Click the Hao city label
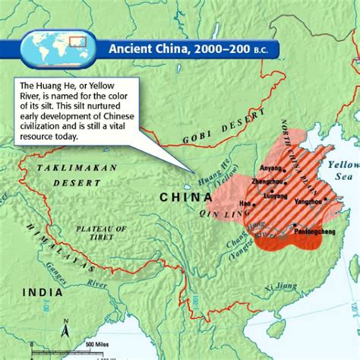click(x=244, y=204)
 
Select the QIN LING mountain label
click(x=232, y=214)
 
